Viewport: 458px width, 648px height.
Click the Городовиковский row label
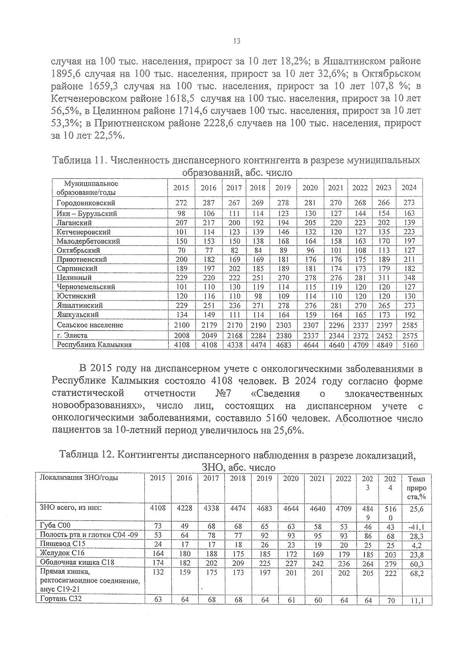click(x=86, y=203)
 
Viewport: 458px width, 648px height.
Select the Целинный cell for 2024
click(x=409, y=278)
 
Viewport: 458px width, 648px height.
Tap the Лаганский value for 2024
click(x=409, y=223)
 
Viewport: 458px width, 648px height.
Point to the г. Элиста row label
click(x=72, y=335)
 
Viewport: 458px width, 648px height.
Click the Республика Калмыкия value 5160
click(x=409, y=345)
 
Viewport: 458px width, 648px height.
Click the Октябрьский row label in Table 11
click(x=78, y=250)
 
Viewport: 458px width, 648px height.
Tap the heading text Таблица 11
click(x=78, y=160)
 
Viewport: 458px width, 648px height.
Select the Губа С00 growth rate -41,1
click(x=417, y=527)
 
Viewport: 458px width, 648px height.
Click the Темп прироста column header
click(x=417, y=488)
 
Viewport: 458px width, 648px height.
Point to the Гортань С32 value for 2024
click(x=391, y=600)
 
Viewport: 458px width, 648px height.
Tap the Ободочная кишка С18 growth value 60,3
click(x=417, y=564)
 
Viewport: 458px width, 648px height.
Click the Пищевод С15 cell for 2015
click(x=158, y=544)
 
